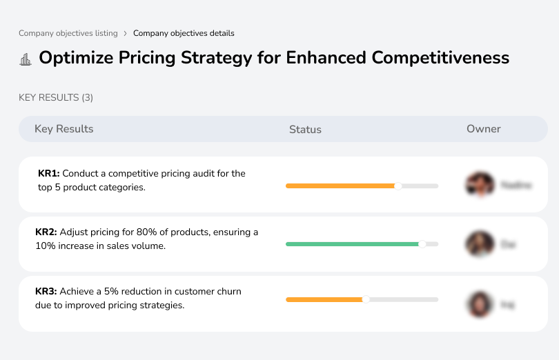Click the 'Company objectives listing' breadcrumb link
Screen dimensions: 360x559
pyautogui.click(x=68, y=33)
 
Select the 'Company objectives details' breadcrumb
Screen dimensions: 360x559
pyautogui.click(x=184, y=33)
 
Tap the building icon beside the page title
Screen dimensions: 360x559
pyautogui.click(x=26, y=59)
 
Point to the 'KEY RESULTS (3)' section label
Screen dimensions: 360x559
pyautogui.click(x=56, y=98)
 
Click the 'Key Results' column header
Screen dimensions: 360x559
pyautogui.click(x=63, y=129)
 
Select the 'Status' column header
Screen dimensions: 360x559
pyautogui.click(x=305, y=130)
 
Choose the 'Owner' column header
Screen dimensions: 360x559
pyautogui.click(x=484, y=129)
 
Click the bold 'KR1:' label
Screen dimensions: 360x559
pyautogui.click(x=49, y=174)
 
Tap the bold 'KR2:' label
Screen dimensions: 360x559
pyautogui.click(x=46, y=232)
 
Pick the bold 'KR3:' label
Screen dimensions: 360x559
pyautogui.click(x=46, y=292)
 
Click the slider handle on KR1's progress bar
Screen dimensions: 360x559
pyautogui.click(x=398, y=186)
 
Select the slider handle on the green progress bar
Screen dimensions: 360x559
pyautogui.click(x=422, y=243)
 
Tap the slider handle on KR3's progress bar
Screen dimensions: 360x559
pyautogui.click(x=366, y=299)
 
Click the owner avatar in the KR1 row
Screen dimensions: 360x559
pyautogui.click(x=480, y=185)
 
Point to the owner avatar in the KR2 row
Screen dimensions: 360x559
pyautogui.click(x=480, y=244)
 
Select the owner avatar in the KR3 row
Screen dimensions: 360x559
pyautogui.click(x=480, y=304)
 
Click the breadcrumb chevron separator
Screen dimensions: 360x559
pyautogui.click(x=126, y=33)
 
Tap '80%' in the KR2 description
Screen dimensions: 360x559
pyautogui.click(x=155, y=232)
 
